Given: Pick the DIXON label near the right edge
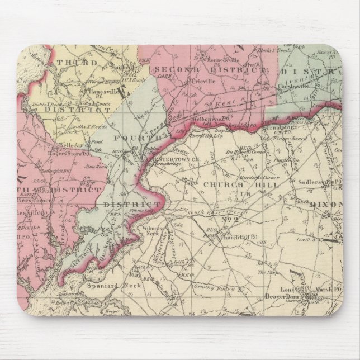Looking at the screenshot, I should (x=328, y=205).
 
